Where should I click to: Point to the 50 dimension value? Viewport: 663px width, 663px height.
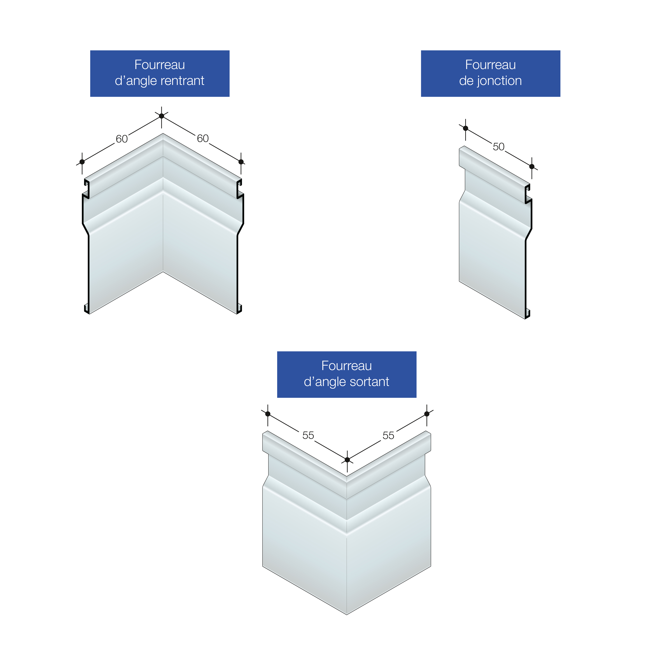point(499,147)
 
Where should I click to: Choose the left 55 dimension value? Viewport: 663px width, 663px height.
point(308,435)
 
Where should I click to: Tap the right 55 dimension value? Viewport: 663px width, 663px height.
point(389,435)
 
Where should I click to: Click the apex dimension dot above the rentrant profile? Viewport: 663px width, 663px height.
point(162,116)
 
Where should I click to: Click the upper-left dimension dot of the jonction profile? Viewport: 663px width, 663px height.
point(466,128)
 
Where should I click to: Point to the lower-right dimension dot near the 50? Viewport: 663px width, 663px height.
point(532,167)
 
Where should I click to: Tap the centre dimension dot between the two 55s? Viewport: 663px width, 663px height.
point(347,460)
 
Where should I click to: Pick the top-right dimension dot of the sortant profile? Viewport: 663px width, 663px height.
point(427,414)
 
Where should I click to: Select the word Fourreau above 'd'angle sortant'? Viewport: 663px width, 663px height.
point(347,366)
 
